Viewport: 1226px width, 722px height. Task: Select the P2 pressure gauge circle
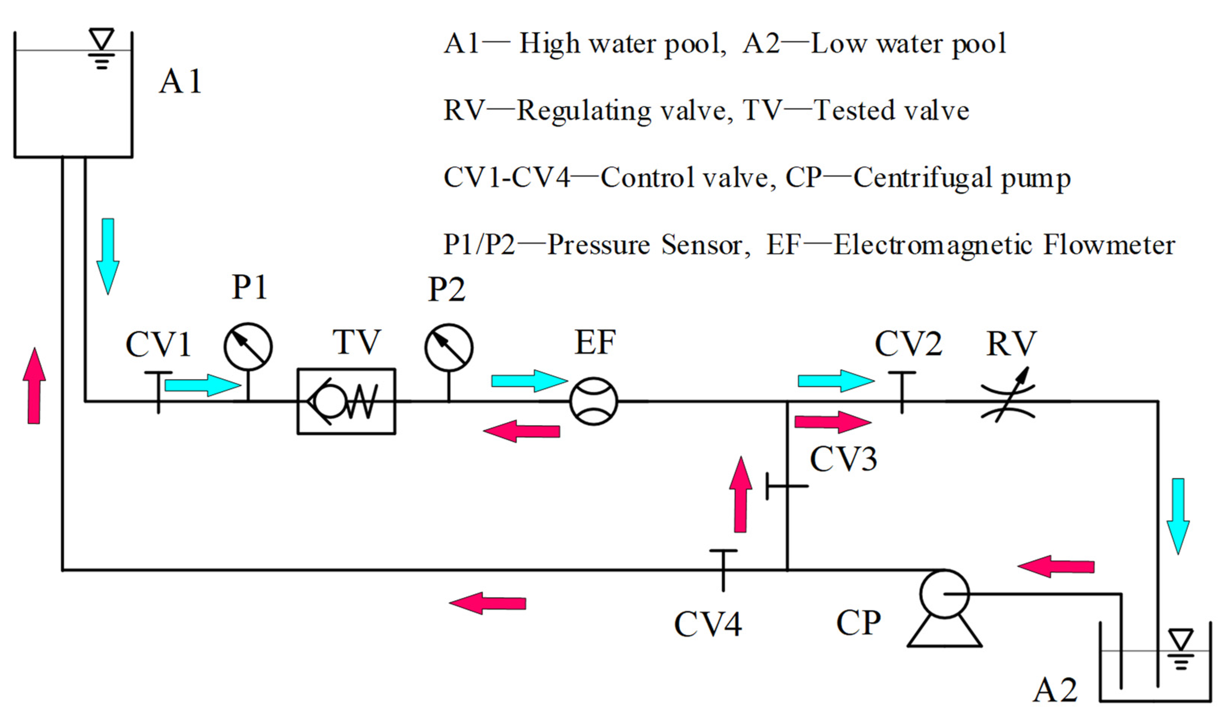[x=449, y=348]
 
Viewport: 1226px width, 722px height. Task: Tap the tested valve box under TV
[x=346, y=401]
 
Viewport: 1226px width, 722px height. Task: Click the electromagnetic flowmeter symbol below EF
[x=593, y=401]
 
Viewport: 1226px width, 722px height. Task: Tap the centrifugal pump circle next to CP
[x=944, y=594]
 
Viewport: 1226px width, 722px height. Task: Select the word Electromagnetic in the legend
[x=933, y=245]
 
